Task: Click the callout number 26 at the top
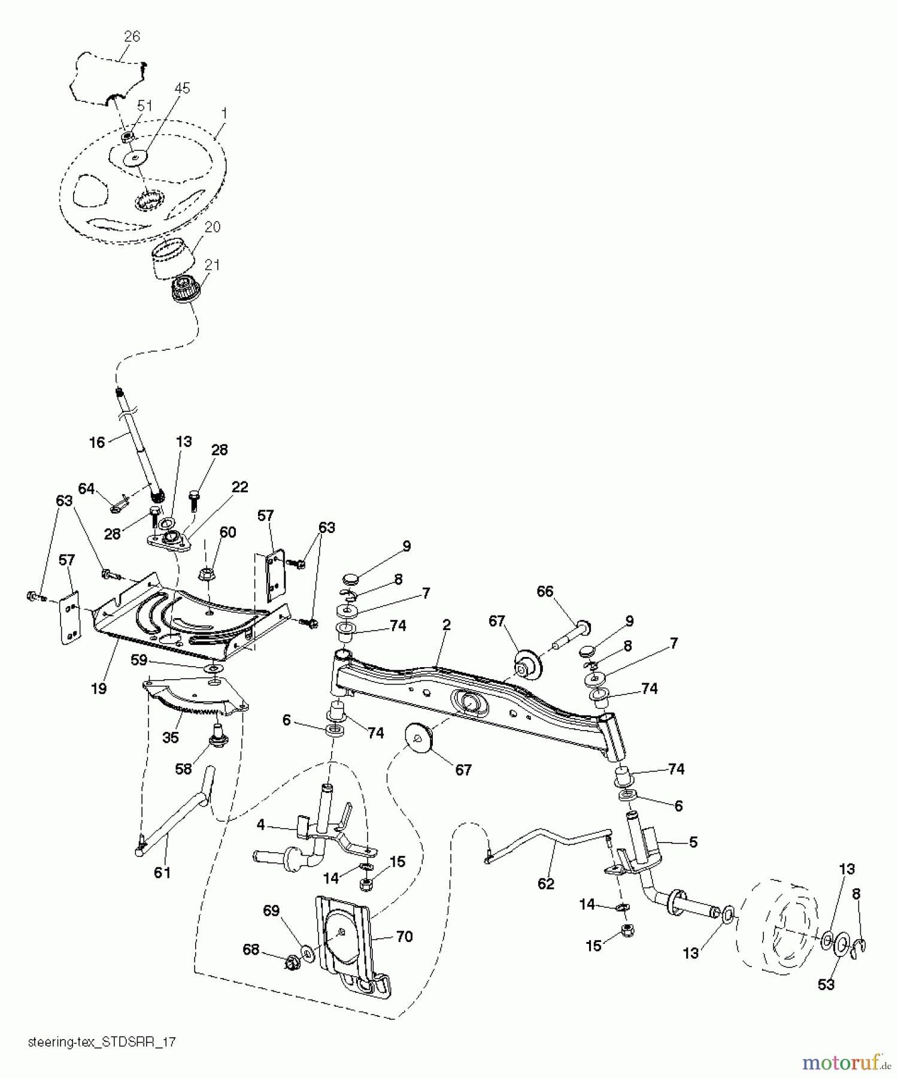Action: point(132,37)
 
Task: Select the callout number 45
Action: point(182,88)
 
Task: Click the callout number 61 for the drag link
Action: point(162,873)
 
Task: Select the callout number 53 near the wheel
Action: point(826,984)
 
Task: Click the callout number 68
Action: point(251,949)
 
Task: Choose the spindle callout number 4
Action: point(260,825)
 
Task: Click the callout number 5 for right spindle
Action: point(693,842)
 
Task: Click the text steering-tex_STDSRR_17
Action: point(102,1042)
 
